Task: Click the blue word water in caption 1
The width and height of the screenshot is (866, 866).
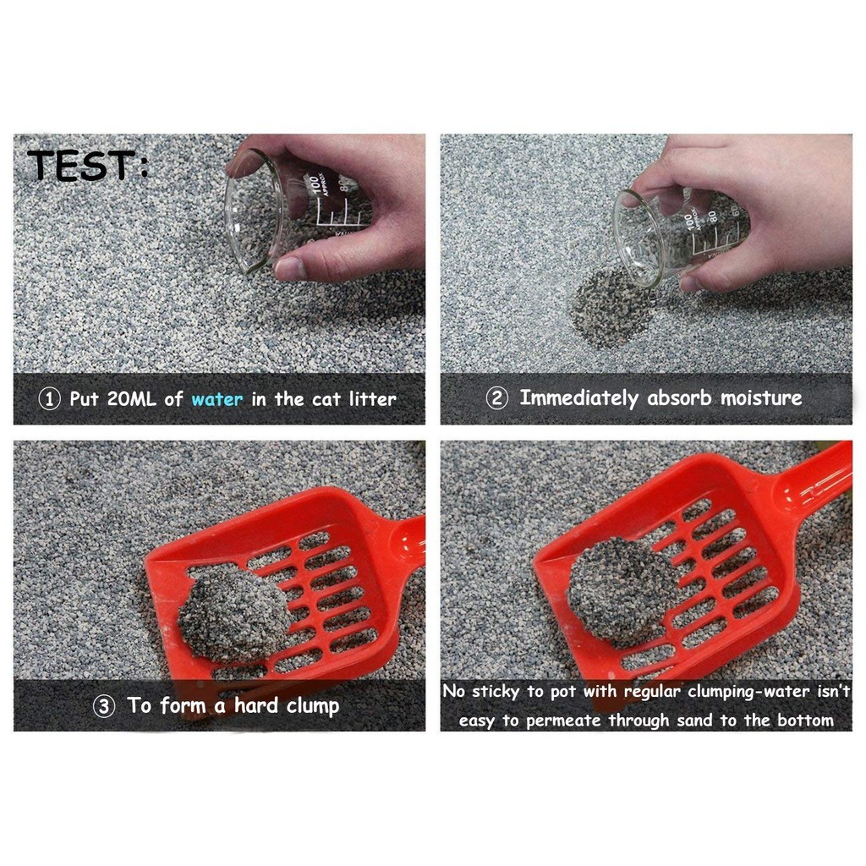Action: pyautogui.click(x=216, y=399)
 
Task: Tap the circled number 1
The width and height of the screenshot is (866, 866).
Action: pyautogui.click(x=50, y=399)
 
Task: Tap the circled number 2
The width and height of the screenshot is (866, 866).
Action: pyautogui.click(x=496, y=398)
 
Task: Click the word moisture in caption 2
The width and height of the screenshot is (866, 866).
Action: pyautogui.click(x=761, y=398)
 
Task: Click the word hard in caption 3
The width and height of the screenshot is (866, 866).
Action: pyautogui.click(x=256, y=706)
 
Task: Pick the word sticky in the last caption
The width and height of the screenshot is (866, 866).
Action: pyautogui.click(x=495, y=692)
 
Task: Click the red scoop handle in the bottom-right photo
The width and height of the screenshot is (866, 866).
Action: pyautogui.click(x=816, y=478)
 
